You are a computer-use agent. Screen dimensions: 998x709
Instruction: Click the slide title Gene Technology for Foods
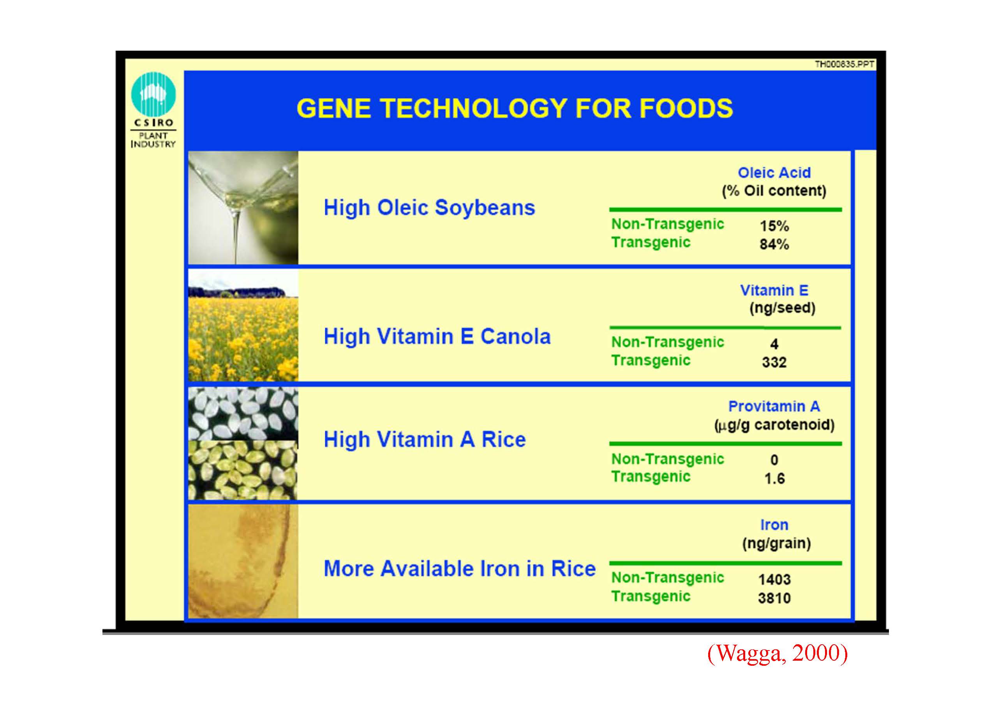click(515, 108)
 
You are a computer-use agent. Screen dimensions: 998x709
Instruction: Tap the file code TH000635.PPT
click(845, 65)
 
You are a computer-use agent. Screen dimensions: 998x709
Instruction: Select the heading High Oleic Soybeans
click(429, 207)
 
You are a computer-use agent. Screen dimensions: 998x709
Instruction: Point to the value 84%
click(774, 244)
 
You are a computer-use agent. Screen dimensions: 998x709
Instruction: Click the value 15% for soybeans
click(774, 226)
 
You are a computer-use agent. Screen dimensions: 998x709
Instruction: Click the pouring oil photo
click(243, 208)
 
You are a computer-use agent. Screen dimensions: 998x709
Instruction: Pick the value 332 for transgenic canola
click(774, 362)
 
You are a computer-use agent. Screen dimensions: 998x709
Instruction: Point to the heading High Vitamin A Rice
click(425, 439)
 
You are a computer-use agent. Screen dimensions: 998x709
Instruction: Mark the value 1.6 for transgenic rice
click(774, 479)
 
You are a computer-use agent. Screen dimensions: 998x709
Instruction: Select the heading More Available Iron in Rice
click(460, 569)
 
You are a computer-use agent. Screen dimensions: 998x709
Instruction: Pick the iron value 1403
click(774, 580)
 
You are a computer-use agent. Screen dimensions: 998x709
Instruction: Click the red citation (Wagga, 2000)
click(777, 654)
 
